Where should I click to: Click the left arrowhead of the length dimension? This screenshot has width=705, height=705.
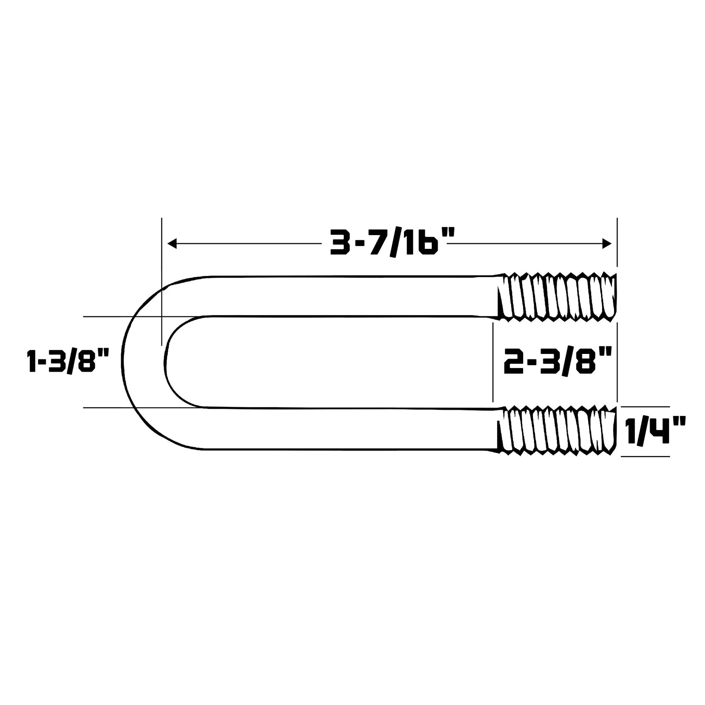click(172, 244)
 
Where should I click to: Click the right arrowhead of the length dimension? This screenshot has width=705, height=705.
click(606, 244)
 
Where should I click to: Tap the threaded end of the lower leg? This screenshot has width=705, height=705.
click(557, 431)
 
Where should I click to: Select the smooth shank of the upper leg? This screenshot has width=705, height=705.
click(347, 296)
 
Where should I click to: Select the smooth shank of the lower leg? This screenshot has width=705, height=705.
click(347, 429)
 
